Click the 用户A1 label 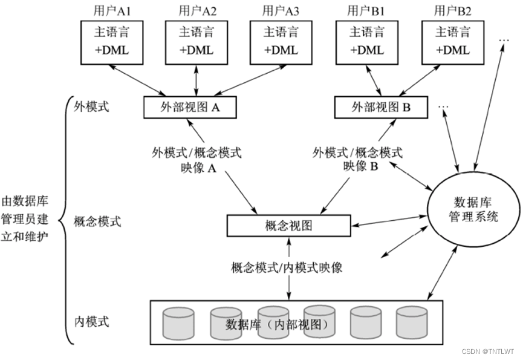coord(112,10)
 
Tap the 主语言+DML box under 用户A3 coord(280,42)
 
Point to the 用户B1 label coord(365,10)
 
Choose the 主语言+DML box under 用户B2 coord(451,42)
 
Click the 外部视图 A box coord(189,108)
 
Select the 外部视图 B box coord(381,108)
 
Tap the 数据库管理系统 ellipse coord(474,209)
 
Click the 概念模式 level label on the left coord(97,221)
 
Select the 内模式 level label coord(91,321)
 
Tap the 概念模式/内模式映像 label coord(287,267)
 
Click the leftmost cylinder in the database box coord(180,323)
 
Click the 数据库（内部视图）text coord(278,324)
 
